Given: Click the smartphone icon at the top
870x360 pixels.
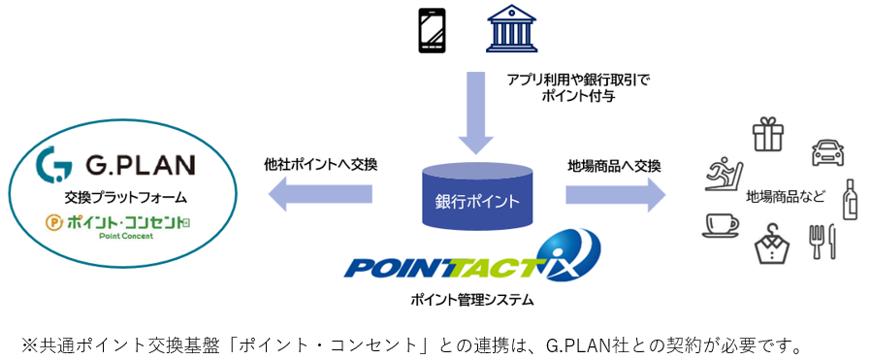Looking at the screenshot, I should [x=432, y=32].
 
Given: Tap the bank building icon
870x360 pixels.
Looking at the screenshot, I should [x=511, y=30].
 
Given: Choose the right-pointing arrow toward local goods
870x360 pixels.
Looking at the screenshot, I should [x=615, y=193].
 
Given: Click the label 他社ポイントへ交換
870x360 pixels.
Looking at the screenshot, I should [x=320, y=164].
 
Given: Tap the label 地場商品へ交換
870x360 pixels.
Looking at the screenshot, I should [x=614, y=165].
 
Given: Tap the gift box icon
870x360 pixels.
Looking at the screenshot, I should [x=766, y=133].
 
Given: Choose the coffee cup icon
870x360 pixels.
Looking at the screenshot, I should [x=720, y=226].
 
